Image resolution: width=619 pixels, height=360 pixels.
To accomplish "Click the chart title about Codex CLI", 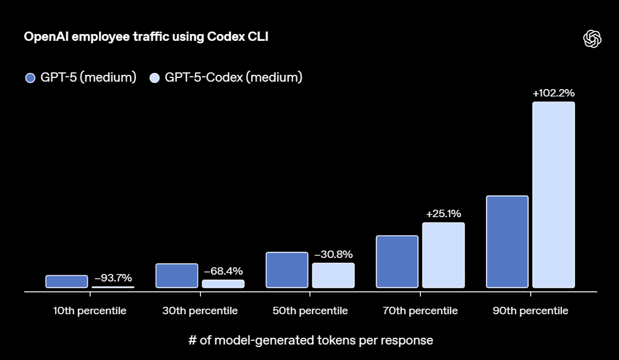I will point(146,37).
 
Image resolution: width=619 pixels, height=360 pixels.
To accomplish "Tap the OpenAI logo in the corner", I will point(592,39).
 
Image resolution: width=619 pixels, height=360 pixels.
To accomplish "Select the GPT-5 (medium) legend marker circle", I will point(30,78).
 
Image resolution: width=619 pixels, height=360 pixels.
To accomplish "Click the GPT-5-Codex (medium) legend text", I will point(233,78).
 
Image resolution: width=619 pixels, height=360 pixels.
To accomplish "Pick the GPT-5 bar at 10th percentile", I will point(67,281).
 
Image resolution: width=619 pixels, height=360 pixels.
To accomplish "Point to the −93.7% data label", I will point(113,278).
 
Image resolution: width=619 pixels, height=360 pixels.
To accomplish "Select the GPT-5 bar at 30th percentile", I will point(177,276).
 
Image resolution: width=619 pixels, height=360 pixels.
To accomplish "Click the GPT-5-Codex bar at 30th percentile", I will point(223,284).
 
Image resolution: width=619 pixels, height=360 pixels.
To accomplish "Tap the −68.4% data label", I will point(223,271).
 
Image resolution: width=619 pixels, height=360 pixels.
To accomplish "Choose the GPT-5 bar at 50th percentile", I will point(287,270).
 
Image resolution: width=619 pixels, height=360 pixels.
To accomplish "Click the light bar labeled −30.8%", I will point(333,275).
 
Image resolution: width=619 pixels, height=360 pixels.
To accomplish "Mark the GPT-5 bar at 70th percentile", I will point(397,262).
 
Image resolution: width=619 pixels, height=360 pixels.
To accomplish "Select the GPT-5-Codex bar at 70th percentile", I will point(443,255).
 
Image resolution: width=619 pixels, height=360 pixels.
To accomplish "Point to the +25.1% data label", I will point(443,214).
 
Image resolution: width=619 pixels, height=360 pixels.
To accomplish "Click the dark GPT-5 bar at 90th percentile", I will point(507,242).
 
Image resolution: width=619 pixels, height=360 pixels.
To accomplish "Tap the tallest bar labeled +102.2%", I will point(553,195).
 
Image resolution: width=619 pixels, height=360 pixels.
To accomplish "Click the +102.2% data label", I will point(553,93).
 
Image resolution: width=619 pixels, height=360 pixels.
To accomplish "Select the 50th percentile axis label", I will point(310,311).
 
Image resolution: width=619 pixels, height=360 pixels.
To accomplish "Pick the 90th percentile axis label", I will point(530,311).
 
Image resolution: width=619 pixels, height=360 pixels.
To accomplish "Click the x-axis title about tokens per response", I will point(310,340).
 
